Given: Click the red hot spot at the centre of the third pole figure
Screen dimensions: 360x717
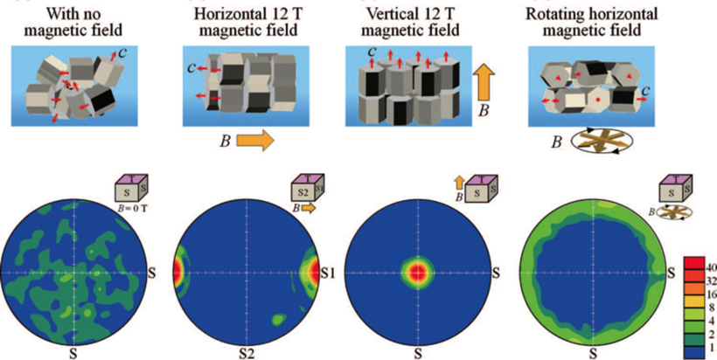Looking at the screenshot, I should (418, 271).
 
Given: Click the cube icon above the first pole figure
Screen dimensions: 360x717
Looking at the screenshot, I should (129, 189).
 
